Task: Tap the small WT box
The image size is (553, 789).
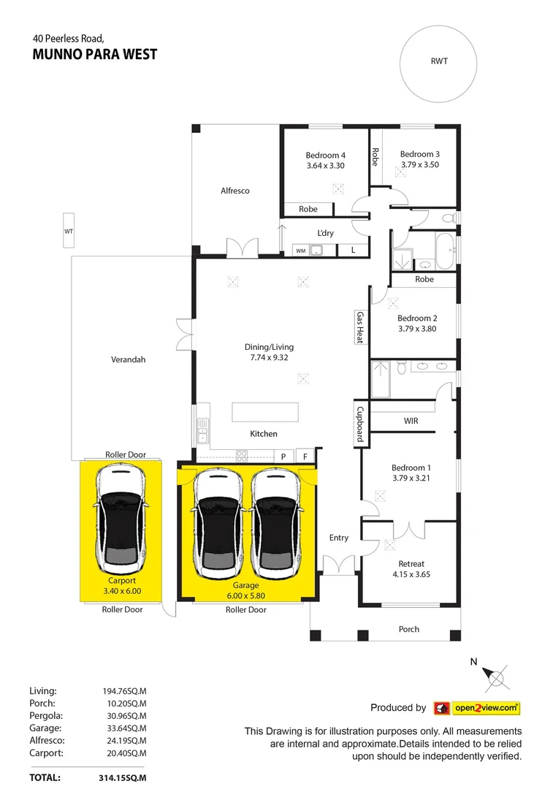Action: tap(68, 231)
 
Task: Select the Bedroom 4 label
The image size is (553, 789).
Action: tap(325, 155)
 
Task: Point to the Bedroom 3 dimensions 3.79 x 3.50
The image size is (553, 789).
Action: tap(419, 165)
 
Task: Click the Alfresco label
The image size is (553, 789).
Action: tap(235, 191)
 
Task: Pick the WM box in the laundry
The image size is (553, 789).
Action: tap(300, 251)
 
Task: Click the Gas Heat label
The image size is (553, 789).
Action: tap(359, 327)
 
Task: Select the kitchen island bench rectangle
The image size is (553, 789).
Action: tap(266, 411)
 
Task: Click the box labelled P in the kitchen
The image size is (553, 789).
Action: tap(283, 457)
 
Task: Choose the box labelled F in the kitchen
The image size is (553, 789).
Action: tap(305, 457)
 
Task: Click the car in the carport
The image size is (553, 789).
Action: tap(122, 522)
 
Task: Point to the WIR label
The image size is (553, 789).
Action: tap(411, 422)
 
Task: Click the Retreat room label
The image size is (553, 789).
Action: tap(411, 564)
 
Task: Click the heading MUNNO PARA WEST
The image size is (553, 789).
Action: tap(95, 55)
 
